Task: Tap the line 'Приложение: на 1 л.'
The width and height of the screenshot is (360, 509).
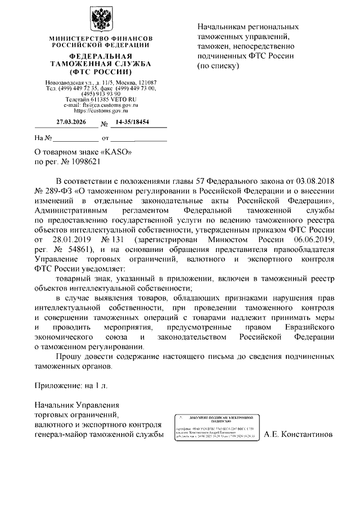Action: pyautogui.click(x=66, y=386)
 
